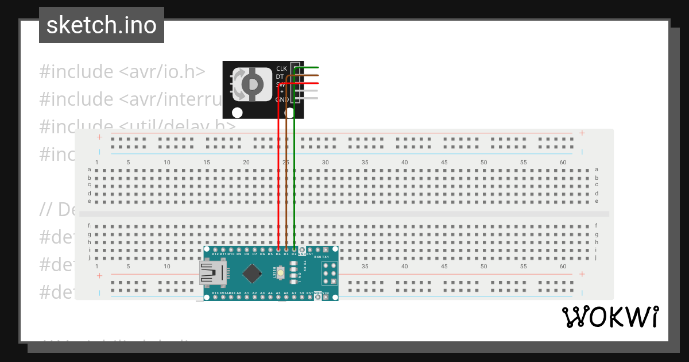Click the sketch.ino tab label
coord(102,25)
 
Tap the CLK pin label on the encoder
coord(281,68)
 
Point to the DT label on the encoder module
coord(280,76)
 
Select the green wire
coord(294,172)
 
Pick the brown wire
coord(286,172)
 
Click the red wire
coord(278,172)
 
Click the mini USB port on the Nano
coord(212,274)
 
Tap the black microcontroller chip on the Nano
coord(252,274)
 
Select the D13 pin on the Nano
coord(215,297)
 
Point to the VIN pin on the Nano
coord(326,297)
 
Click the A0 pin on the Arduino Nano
coord(239,297)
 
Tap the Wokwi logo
coord(610,317)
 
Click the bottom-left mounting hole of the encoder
coord(237,112)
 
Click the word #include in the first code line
coord(76,72)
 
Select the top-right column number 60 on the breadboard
coord(563,163)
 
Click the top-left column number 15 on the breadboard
coord(207,163)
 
